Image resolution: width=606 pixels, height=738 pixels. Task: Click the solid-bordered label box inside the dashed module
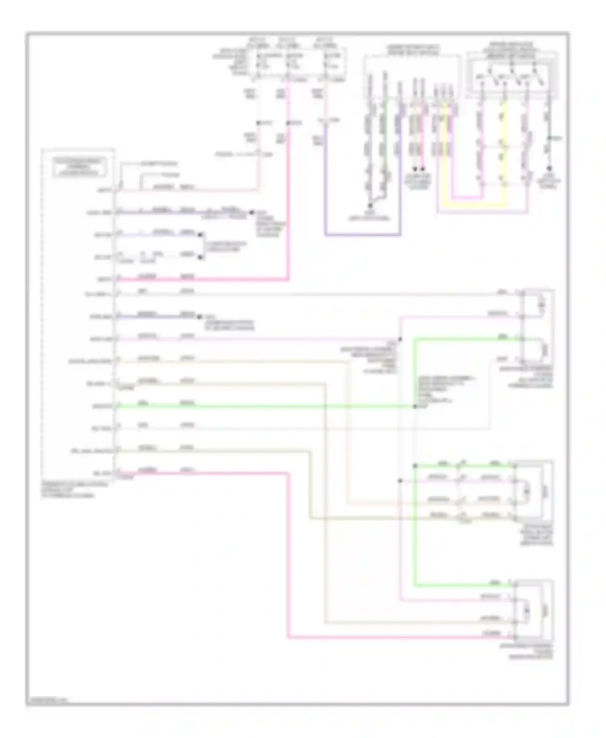point(80,167)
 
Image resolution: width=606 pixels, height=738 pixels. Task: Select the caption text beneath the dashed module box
point(75,489)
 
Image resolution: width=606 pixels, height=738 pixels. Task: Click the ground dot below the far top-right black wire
point(549,169)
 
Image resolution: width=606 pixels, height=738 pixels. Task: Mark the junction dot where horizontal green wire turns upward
point(415,406)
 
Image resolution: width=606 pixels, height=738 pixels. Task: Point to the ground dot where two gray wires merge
point(369,205)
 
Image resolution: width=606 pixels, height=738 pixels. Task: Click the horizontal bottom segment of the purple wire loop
point(362,234)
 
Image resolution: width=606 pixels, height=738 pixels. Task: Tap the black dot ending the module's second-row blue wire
point(251,212)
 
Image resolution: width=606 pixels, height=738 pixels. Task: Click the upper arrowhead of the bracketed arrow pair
point(201,235)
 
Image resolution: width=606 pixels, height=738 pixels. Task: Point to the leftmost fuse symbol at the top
point(258,65)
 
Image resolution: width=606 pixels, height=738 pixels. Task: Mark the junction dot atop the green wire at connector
point(415,466)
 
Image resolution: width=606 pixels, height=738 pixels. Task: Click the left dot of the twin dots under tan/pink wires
point(415,169)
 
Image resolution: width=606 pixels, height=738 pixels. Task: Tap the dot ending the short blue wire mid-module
point(199,317)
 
